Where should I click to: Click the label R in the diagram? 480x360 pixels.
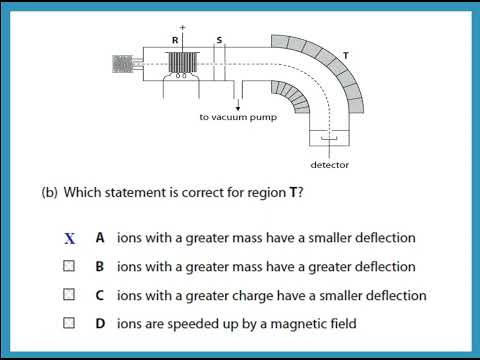[x=176, y=40]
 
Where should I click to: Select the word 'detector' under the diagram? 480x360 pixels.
[x=329, y=164]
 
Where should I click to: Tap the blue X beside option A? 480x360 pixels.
[x=69, y=239]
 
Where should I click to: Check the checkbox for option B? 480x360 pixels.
[x=69, y=267]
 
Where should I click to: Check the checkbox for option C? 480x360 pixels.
[x=69, y=295]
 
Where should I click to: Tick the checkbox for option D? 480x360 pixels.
[x=69, y=323]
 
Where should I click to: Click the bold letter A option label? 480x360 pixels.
[x=100, y=238]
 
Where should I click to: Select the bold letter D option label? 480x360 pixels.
[x=100, y=323]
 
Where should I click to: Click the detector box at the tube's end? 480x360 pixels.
[x=327, y=142]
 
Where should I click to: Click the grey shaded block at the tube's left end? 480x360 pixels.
[x=124, y=64]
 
